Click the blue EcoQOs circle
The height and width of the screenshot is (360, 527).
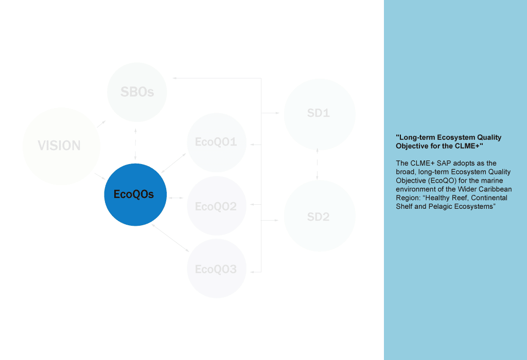[135, 194]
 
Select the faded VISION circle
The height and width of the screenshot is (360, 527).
[61, 146]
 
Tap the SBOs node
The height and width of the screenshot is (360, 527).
[137, 93]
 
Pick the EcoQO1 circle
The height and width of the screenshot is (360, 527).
[216, 142]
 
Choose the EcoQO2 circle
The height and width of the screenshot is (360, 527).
[216, 206]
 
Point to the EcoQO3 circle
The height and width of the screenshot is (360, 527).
[216, 268]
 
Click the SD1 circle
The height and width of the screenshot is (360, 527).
[319, 114]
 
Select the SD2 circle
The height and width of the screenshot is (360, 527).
[319, 217]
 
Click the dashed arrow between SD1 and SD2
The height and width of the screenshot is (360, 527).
[318, 164]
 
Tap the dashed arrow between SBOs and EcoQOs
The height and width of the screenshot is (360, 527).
[135, 143]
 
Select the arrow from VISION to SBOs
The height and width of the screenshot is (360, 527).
[101, 124]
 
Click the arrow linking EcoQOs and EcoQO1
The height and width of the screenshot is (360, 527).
[174, 162]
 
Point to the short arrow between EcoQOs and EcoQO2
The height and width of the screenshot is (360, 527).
[176, 197]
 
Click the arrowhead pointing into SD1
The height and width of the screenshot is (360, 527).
[276, 113]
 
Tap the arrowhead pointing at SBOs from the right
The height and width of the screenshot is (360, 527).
[175, 78]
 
